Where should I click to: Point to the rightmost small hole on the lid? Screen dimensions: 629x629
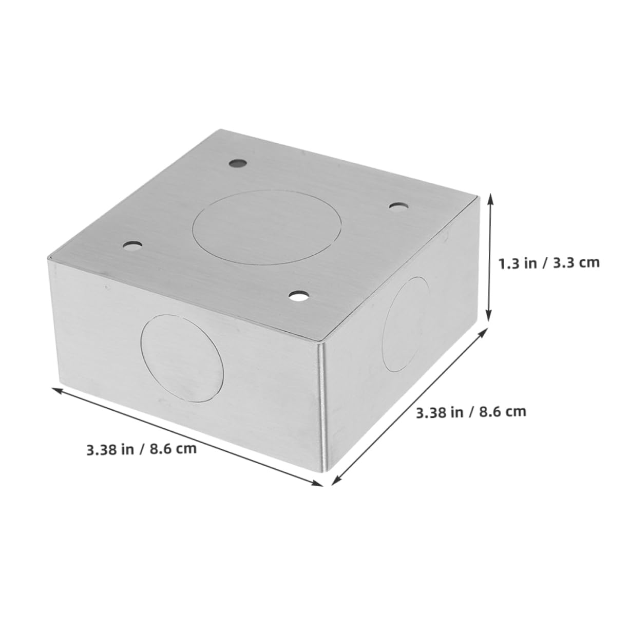(397, 206)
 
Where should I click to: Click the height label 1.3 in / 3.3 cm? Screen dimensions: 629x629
(548, 263)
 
